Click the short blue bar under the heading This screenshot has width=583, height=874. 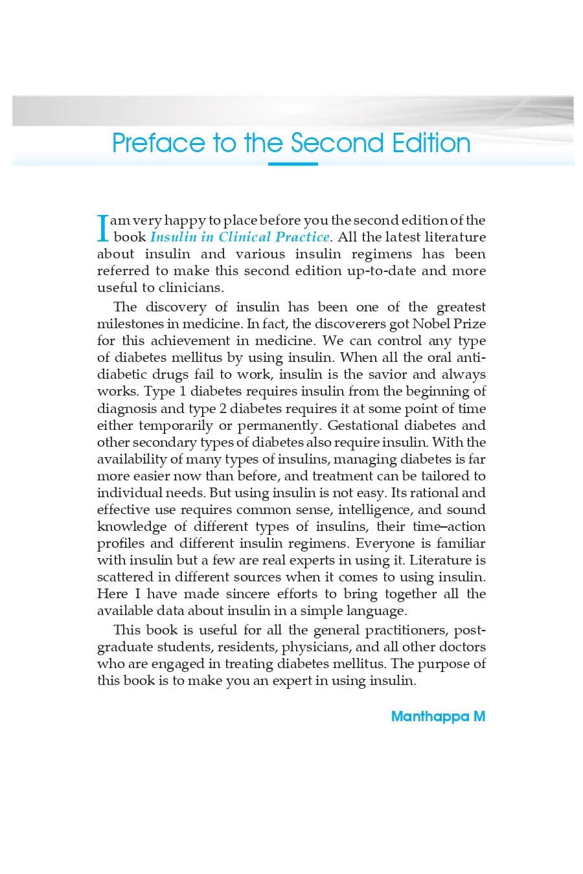click(x=293, y=164)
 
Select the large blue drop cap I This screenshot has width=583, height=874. click(x=102, y=229)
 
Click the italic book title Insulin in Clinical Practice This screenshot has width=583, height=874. click(x=240, y=237)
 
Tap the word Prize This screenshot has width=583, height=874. click(x=470, y=324)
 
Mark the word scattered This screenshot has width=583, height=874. click(x=124, y=577)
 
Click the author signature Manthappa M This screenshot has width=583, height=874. click(x=438, y=717)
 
